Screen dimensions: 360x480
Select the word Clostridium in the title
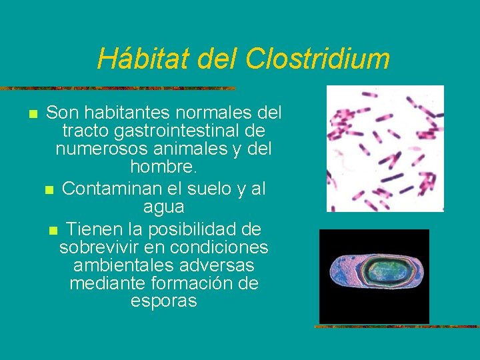click(317, 59)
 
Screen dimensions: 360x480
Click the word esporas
click(163, 301)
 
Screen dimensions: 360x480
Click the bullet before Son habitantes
click(32, 113)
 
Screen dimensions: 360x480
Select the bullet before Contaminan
click(49, 191)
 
